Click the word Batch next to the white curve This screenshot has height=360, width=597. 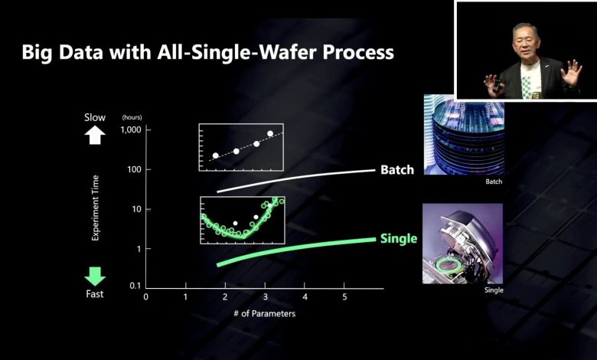click(x=396, y=169)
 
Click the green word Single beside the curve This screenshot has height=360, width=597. click(x=398, y=239)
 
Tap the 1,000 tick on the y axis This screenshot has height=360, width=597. click(x=132, y=130)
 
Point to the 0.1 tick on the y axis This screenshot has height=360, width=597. click(x=135, y=286)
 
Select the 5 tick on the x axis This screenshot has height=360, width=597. click(x=344, y=296)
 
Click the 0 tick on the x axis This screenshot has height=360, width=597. click(x=146, y=296)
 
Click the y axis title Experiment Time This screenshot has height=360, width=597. click(x=96, y=208)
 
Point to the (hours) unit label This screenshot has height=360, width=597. click(x=132, y=117)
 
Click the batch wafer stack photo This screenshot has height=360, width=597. click(x=463, y=135)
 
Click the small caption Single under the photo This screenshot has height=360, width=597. click(x=494, y=290)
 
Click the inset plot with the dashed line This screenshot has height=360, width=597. click(x=241, y=147)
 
